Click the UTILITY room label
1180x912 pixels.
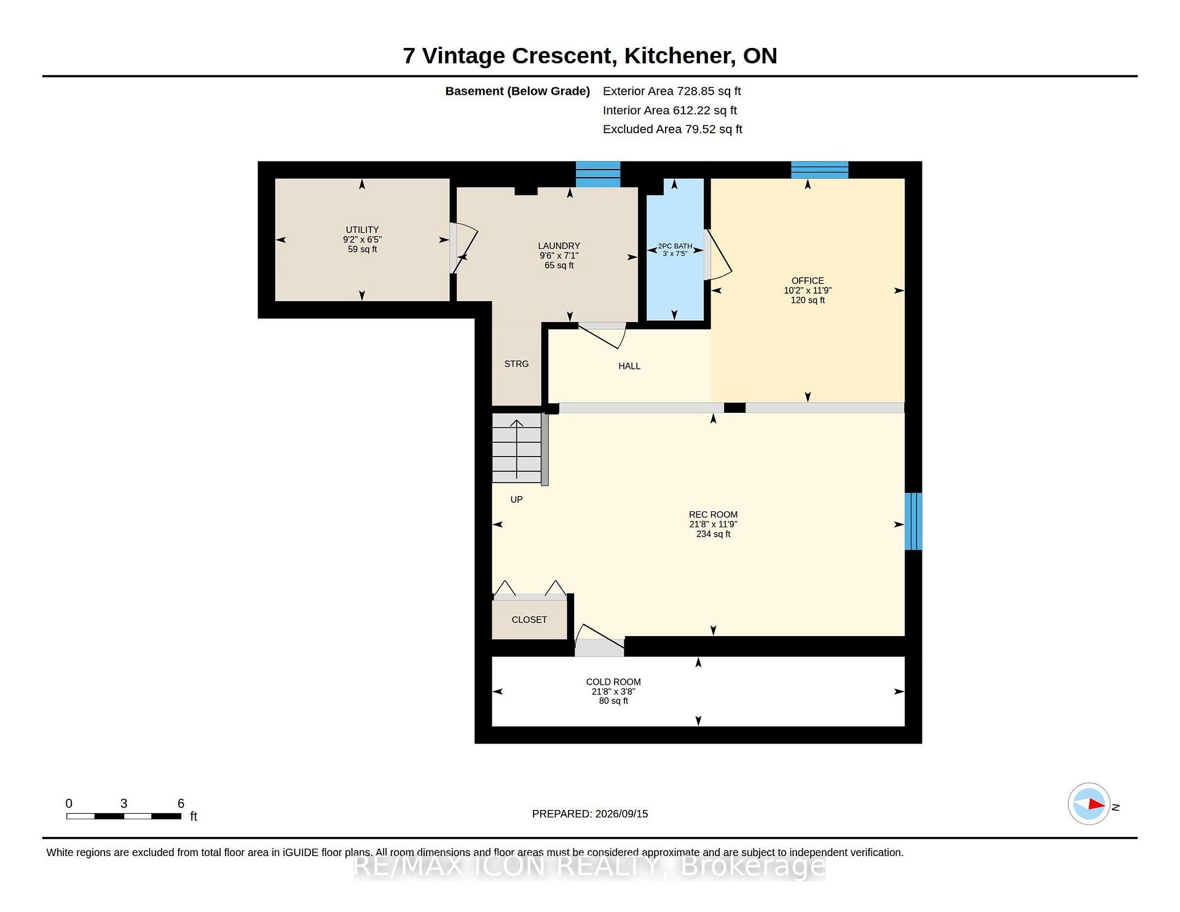(362, 230)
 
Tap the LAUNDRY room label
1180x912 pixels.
(559, 246)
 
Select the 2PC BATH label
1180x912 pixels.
(675, 246)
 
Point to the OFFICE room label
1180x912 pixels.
(808, 281)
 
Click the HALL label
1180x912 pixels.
(629, 366)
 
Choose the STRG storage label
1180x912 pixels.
(516, 364)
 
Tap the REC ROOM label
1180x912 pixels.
(713, 515)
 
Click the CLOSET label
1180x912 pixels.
(529, 619)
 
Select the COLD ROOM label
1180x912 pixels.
(613, 682)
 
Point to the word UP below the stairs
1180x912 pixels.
(516, 500)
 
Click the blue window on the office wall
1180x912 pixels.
(819, 170)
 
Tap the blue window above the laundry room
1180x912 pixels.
(597, 174)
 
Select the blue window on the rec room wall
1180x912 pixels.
(913, 521)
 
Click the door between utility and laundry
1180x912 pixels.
(464, 248)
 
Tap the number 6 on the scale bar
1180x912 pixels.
(181, 803)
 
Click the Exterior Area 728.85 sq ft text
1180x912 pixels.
(672, 91)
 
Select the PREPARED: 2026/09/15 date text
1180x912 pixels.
(590, 814)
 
